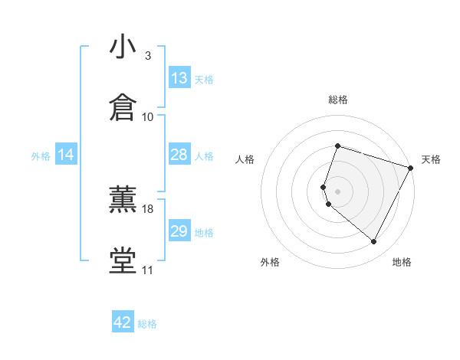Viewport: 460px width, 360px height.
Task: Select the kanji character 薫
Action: [123, 199]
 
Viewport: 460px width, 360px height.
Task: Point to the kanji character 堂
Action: [123, 260]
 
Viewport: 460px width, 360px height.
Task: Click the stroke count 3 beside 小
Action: [147, 56]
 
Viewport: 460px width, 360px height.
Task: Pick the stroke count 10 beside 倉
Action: [148, 116]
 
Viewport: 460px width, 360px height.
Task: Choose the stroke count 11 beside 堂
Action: [148, 270]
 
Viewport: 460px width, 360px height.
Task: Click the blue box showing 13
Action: [179, 78]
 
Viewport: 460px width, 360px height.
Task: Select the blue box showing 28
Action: [179, 155]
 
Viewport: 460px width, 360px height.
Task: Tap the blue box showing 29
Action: [179, 231]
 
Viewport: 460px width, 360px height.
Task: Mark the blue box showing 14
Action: [66, 155]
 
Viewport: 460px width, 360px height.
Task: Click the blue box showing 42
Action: [123, 322]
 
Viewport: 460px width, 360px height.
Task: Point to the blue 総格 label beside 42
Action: [147, 324]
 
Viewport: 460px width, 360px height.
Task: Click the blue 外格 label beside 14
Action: [41, 155]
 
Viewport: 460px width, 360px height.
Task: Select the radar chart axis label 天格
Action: [431, 159]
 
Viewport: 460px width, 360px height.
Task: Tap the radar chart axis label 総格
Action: [338, 100]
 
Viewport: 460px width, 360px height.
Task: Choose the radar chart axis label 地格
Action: [402, 262]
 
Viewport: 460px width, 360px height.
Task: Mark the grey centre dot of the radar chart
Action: [338, 191]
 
